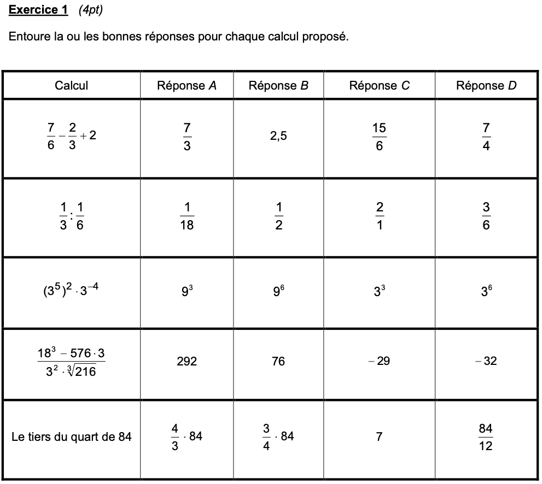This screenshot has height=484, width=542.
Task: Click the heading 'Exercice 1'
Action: [38, 10]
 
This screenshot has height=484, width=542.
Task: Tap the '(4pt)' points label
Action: [90, 10]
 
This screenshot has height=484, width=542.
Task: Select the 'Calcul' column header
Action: [71, 85]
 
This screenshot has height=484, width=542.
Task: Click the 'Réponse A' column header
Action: [187, 85]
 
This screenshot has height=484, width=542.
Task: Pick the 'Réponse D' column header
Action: [486, 85]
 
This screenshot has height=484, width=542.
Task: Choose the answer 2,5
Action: [278, 136]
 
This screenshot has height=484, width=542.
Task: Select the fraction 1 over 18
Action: [187, 216]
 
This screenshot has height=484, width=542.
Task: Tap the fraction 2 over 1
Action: [379, 216]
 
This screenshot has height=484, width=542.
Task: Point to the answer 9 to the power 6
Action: [278, 291]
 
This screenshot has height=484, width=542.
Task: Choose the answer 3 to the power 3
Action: [379, 291]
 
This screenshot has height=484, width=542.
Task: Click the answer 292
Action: [187, 361]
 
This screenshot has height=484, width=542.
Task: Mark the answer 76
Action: [278, 361]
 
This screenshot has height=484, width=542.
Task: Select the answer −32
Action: [486, 361]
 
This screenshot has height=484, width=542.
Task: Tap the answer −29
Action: [379, 361]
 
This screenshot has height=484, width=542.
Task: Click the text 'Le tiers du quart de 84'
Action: [71, 436]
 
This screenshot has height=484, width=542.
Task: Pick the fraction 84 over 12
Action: [486, 437]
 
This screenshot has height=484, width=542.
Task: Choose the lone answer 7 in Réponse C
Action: [379, 436]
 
